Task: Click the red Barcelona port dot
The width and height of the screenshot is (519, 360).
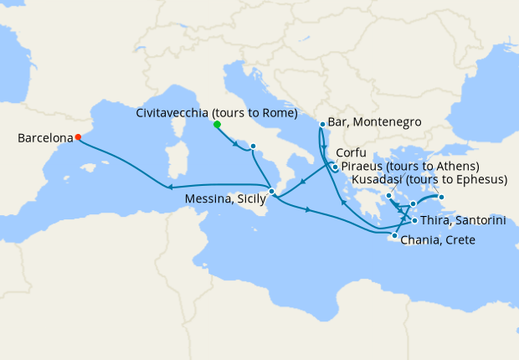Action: pos(78,137)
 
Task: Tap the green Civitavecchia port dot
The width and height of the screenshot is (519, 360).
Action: pos(217,124)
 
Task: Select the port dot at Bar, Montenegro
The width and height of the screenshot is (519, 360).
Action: pos(322,125)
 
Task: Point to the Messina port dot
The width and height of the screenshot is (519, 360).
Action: pos(271,192)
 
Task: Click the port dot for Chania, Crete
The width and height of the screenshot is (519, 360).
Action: pos(394,236)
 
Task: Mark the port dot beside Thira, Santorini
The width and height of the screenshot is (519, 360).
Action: pos(414,221)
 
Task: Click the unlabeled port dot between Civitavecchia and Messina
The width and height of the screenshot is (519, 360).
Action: pos(253,147)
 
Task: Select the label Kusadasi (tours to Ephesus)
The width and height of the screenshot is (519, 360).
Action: pos(429,180)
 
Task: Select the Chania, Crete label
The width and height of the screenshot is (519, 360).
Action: pos(439,240)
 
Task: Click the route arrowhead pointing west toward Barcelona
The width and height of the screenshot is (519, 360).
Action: pos(171,188)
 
